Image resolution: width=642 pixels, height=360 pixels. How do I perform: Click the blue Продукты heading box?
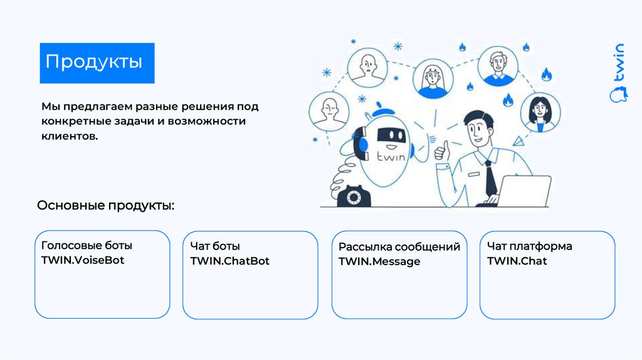(x=97, y=63)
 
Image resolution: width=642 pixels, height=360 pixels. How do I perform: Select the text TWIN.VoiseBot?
(x=83, y=260)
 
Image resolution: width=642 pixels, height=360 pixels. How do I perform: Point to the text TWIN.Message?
(x=379, y=262)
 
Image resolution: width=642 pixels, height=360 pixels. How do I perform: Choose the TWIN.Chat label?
(x=517, y=260)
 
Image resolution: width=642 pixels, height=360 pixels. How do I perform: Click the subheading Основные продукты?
(x=106, y=206)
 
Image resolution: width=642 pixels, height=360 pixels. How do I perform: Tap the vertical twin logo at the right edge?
(x=618, y=72)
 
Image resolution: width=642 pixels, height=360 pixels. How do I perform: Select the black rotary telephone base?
(x=355, y=196)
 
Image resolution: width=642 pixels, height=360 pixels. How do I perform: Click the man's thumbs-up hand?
(x=443, y=151)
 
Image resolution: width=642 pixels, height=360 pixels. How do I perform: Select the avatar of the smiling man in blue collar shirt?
(x=496, y=65)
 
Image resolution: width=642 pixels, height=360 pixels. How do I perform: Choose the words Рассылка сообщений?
(x=399, y=247)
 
